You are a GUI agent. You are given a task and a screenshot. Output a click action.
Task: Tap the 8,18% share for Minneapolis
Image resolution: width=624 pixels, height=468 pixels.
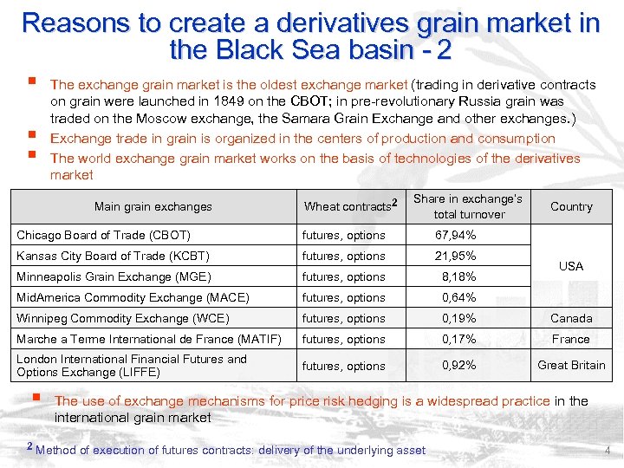(x=458, y=277)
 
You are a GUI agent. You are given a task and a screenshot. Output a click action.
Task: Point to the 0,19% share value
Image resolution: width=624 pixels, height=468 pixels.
(x=458, y=319)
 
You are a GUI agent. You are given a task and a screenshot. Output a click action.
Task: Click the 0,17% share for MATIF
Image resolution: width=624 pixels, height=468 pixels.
(x=458, y=340)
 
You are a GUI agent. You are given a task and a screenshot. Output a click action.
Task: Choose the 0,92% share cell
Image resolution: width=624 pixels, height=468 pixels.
(x=458, y=366)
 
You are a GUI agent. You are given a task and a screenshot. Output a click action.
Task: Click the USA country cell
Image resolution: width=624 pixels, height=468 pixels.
(x=571, y=266)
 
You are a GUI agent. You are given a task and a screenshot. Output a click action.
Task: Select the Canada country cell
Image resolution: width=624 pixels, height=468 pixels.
(x=571, y=319)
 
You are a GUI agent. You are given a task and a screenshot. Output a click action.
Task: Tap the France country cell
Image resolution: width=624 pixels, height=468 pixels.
(x=571, y=340)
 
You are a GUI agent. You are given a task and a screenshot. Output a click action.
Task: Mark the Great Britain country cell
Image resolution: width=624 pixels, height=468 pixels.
(x=571, y=366)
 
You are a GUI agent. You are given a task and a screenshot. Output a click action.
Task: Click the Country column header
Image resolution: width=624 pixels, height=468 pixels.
(x=571, y=207)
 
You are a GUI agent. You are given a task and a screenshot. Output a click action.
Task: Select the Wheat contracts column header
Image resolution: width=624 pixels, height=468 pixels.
(x=349, y=206)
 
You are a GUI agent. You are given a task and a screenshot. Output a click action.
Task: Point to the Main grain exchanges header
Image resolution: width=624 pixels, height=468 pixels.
(x=153, y=207)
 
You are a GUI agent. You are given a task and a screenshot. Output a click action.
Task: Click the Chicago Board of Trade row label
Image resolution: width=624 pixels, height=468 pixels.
(x=104, y=236)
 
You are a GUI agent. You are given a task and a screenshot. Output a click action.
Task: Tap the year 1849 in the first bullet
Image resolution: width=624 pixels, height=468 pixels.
(x=233, y=101)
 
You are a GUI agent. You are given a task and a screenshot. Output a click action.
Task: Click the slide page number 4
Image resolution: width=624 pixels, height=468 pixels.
(x=608, y=451)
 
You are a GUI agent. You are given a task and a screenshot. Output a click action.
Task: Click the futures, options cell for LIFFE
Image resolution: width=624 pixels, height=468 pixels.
(x=343, y=366)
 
